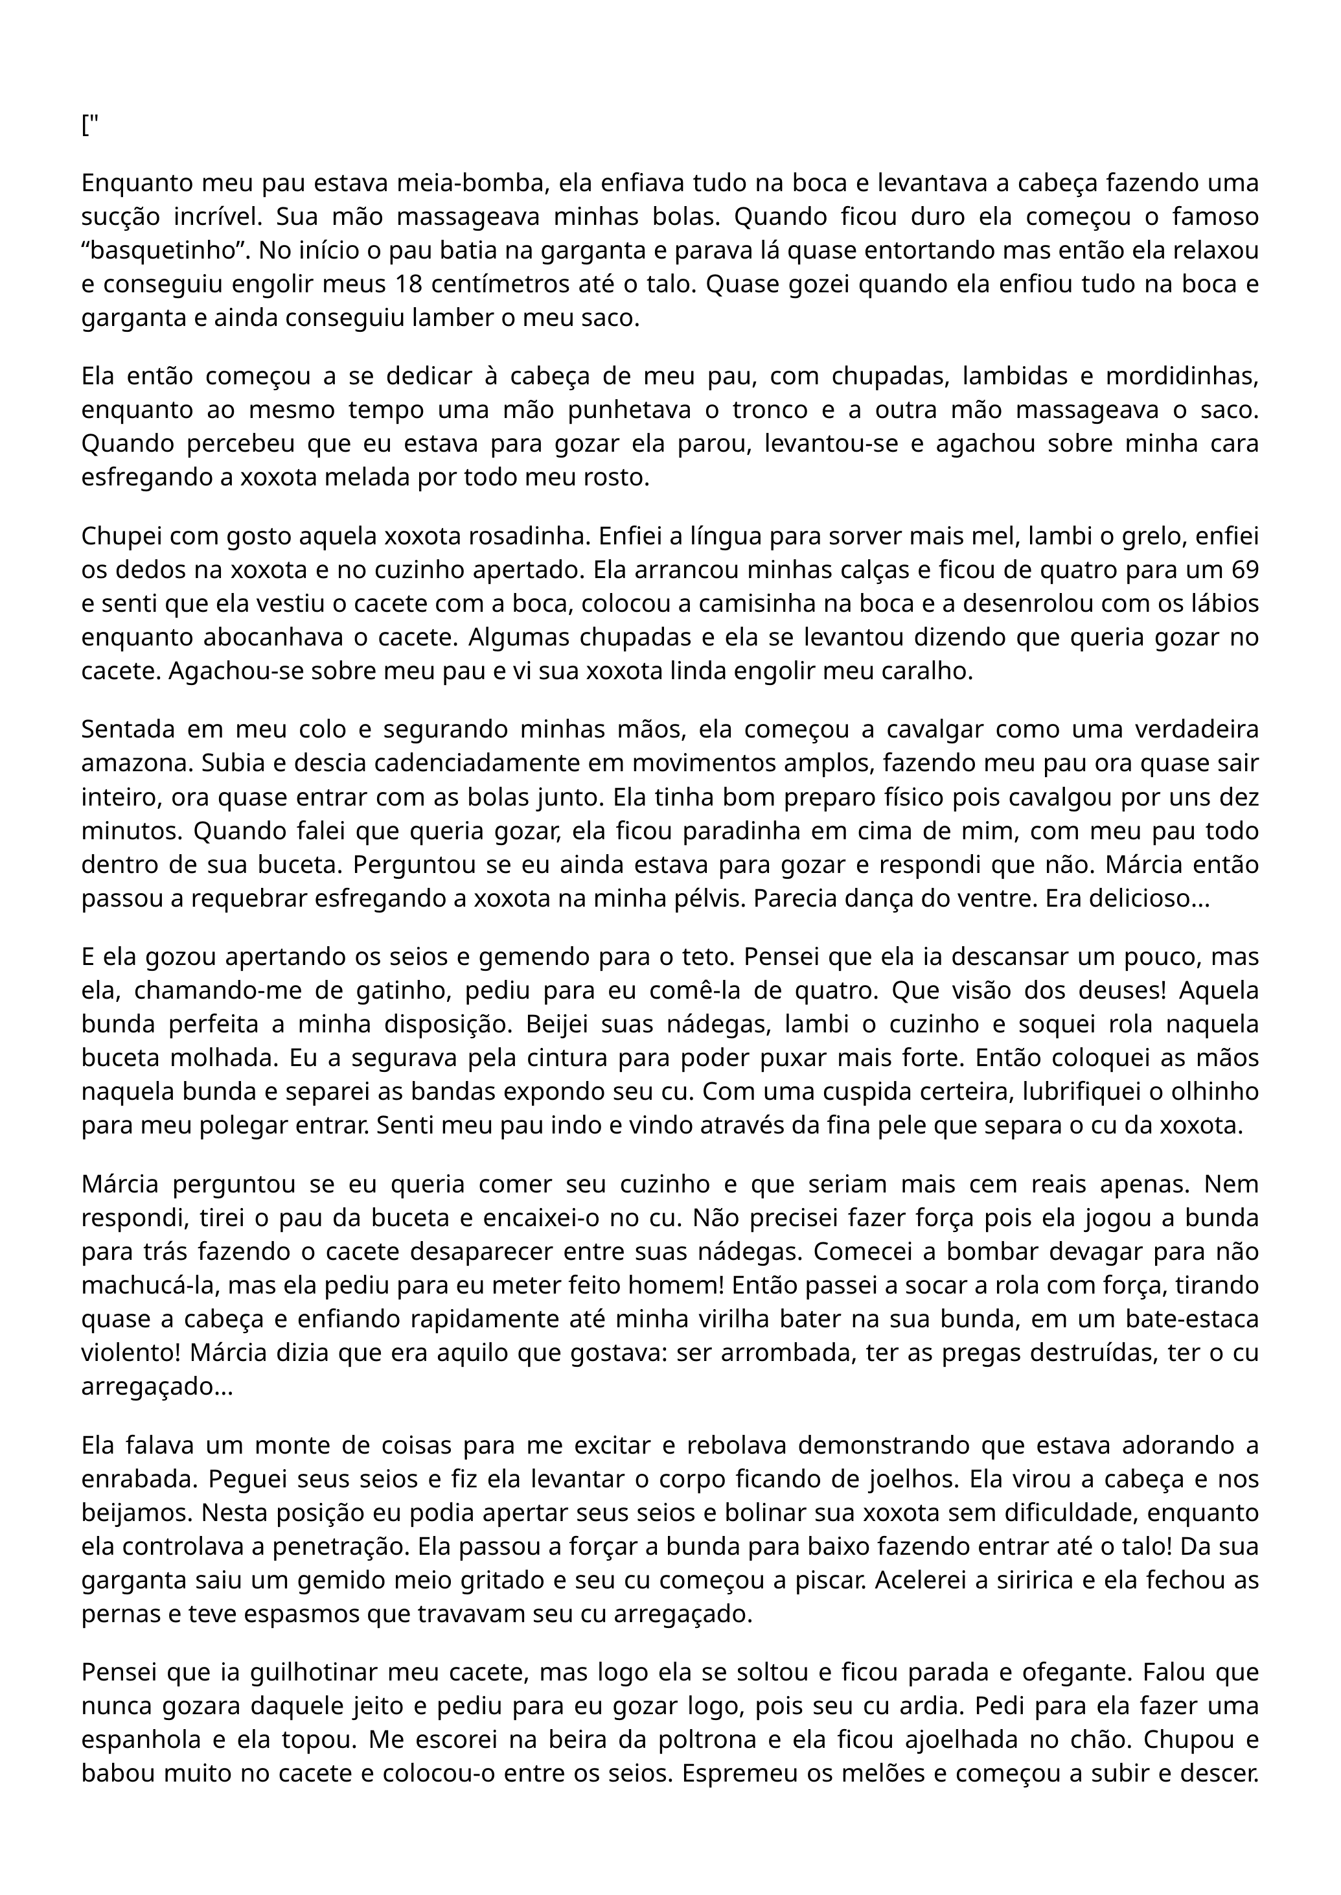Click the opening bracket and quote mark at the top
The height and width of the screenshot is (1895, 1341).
tap(89, 126)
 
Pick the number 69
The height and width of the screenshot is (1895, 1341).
tap(1244, 569)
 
